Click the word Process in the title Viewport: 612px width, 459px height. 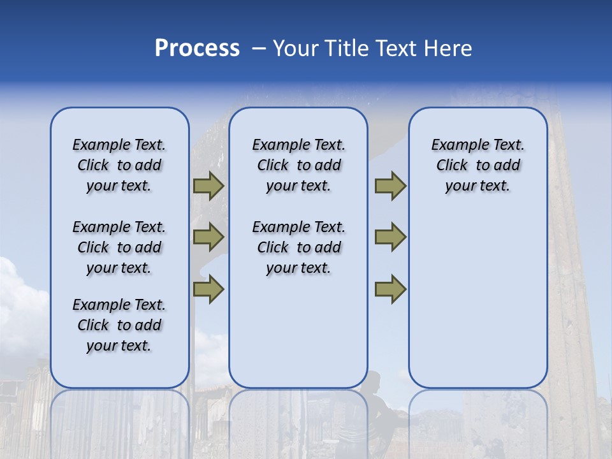coord(197,48)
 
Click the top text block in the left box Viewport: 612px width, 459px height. coord(119,165)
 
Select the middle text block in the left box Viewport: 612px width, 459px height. coord(119,247)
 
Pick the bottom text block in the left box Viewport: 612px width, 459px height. coord(119,325)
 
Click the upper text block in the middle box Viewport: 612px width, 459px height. coord(298,165)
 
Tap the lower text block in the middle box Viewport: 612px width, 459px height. coord(298,247)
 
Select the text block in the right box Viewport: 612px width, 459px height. coord(477,165)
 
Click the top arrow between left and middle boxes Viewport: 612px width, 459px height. coord(208,186)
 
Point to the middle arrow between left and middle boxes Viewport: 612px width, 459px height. coord(208,237)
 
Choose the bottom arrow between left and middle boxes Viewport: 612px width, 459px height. coord(208,289)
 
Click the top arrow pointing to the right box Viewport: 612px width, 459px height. coord(390,186)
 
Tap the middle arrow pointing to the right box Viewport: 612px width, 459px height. coord(390,237)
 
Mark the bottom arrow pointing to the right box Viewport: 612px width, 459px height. coord(390,289)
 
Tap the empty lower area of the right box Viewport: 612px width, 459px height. coord(477,306)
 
